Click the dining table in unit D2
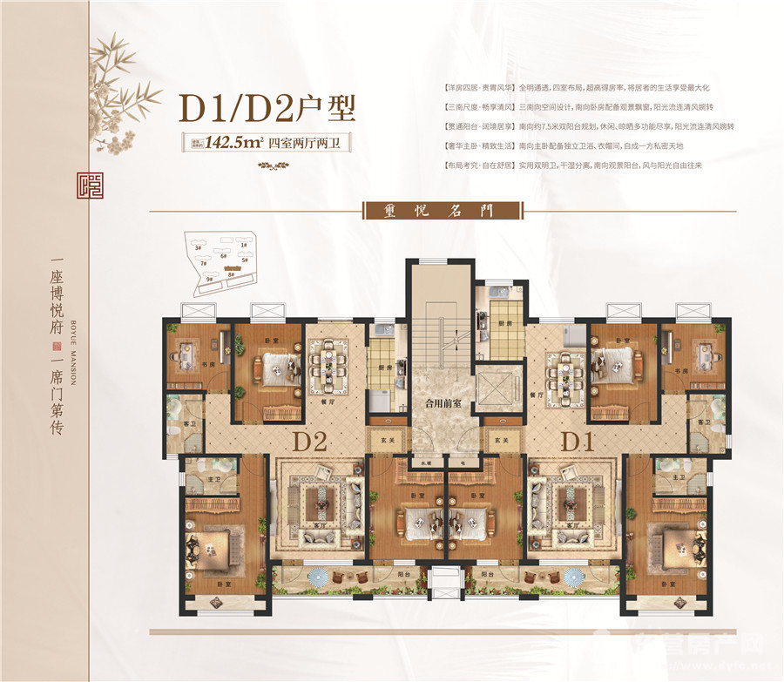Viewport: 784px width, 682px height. [329, 358]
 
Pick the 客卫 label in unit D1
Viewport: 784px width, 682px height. [703, 422]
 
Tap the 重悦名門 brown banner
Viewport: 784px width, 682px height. [442, 210]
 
